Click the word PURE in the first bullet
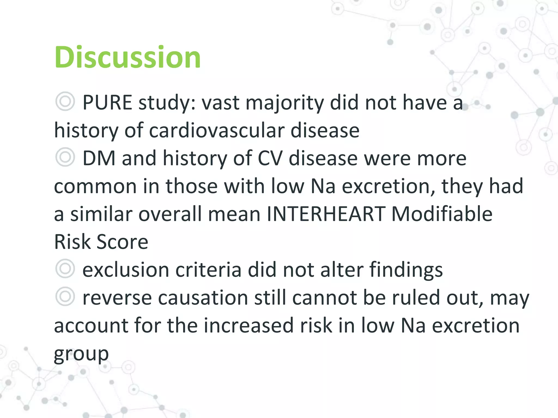click(107, 103)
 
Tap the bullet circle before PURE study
click(65, 102)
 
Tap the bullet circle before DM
click(65, 157)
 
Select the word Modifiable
click(442, 214)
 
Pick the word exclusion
click(126, 270)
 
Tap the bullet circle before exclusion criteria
click(65, 269)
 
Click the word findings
click(406, 270)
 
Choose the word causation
click(203, 298)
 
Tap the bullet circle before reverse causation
click(65, 296)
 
